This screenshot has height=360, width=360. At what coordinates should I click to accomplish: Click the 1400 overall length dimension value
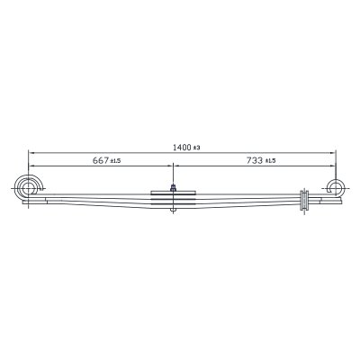coord(182,148)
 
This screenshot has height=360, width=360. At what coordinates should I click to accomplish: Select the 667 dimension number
coord(101,160)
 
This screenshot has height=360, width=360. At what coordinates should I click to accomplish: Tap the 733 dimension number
coord(255,160)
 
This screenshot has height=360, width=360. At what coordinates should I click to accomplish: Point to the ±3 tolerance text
coord(196,148)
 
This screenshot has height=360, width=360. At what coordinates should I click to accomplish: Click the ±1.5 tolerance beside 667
coord(115,161)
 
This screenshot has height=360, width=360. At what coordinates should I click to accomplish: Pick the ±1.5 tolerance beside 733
coord(270,161)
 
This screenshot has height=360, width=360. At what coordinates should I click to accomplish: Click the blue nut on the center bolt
coord(173,188)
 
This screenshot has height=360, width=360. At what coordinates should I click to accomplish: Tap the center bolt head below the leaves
coord(173,210)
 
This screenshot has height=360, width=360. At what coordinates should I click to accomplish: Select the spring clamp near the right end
coord(304,200)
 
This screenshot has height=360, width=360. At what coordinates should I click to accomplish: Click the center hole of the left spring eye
coord(28,189)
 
